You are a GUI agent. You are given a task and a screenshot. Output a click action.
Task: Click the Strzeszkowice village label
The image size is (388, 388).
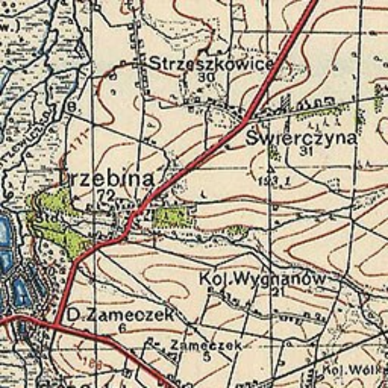211,64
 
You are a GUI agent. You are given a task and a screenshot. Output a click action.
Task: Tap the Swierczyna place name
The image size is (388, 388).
302,138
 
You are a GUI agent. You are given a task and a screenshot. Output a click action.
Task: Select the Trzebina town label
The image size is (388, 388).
105,179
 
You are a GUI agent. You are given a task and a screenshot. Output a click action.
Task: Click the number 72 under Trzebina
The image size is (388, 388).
106,195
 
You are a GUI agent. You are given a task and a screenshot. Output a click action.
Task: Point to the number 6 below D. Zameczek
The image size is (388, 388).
123,328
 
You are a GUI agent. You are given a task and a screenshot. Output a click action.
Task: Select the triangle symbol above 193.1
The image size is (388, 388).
270,169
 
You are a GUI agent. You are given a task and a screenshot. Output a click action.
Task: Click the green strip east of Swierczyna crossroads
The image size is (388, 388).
320,112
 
